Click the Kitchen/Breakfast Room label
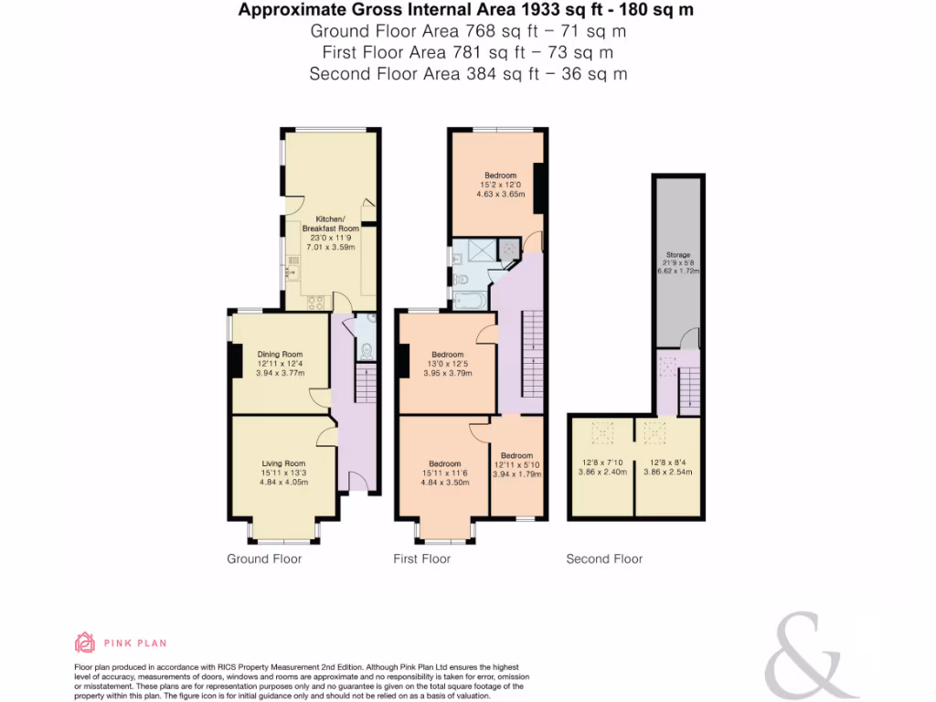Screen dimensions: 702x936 (x=329, y=225)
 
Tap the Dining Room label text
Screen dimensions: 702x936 (x=279, y=355)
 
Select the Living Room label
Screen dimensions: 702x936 (x=282, y=463)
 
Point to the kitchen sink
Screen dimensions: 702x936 (x=292, y=265)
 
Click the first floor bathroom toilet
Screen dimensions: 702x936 (x=463, y=279)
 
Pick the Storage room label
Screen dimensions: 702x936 (x=677, y=255)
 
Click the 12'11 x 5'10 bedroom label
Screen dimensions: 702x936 (x=516, y=465)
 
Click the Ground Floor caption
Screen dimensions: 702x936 (x=264, y=558)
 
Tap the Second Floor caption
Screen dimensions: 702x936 (x=604, y=558)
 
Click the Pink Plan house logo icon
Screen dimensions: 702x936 (x=85, y=643)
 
